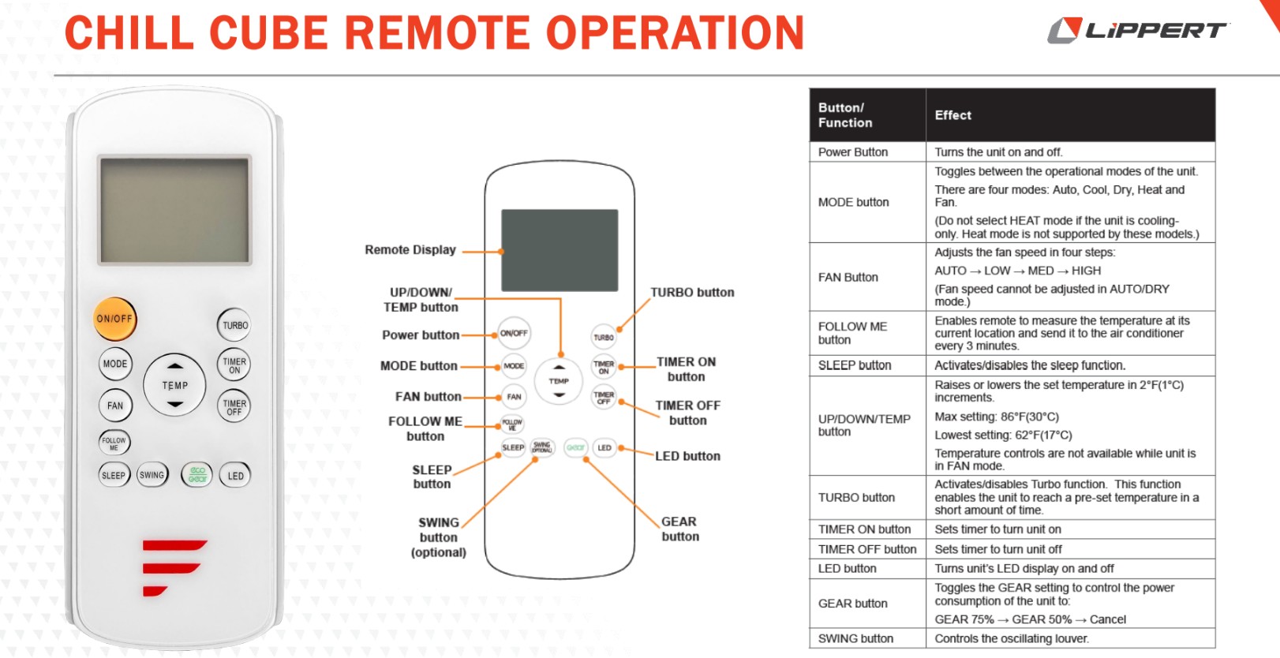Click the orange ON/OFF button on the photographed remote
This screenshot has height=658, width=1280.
[115, 319]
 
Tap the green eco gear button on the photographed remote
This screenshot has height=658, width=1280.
[197, 475]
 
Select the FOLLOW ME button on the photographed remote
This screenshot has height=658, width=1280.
[114, 443]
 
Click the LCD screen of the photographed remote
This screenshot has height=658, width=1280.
[174, 210]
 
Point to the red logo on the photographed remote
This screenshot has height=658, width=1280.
[173, 567]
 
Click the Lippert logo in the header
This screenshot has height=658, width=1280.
[1138, 30]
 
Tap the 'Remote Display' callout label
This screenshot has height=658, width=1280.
[410, 249]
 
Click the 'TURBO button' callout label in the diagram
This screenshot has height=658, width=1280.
[692, 293]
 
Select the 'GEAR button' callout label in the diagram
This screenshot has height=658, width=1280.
[680, 529]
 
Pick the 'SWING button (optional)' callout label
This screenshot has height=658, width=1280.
[438, 537]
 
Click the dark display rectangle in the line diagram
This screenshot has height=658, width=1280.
[560, 250]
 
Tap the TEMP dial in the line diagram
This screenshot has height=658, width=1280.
[559, 381]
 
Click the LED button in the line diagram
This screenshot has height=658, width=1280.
[604, 448]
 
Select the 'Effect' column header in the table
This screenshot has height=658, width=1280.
[953, 115]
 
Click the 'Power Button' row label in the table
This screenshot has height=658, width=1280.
[852, 152]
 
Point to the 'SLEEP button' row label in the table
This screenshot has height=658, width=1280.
[855, 365]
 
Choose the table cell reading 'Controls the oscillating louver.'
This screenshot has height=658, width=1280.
[1012, 638]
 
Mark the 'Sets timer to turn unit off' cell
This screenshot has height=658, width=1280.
[997, 549]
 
